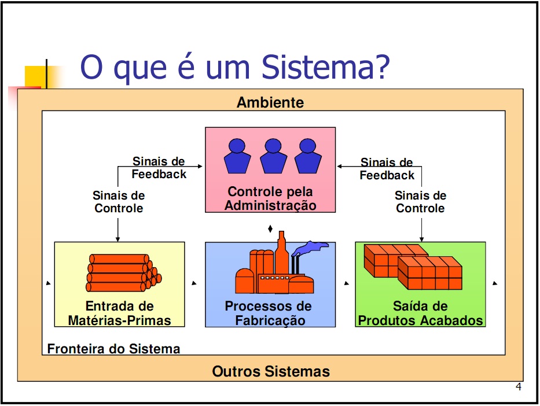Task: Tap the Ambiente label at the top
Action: tap(270, 102)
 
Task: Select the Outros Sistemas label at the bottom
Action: tap(271, 372)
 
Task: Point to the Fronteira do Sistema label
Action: tap(113, 349)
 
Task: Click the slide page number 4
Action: tap(519, 387)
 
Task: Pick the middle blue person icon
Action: tap(273, 156)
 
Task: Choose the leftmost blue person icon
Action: tap(237, 156)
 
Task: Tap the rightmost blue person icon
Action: tap(308, 156)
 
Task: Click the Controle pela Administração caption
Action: tap(270, 198)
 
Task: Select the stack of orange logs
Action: tap(124, 273)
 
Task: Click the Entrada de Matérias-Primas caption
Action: tap(119, 313)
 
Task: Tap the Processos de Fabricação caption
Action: tap(269, 313)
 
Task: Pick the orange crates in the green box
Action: tap(413, 267)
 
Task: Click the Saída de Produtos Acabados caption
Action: tap(421, 313)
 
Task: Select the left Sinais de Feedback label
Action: tap(159, 168)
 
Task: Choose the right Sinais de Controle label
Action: tap(421, 202)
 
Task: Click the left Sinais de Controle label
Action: tap(119, 202)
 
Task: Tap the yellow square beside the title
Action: tap(35, 76)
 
